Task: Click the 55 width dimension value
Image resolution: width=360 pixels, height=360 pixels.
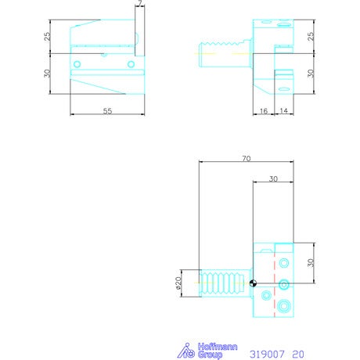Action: [107, 111]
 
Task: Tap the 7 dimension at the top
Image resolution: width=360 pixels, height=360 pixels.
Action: [140, 3]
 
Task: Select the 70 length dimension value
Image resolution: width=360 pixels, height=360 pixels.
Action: [247, 158]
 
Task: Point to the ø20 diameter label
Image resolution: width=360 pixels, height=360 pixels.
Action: [178, 283]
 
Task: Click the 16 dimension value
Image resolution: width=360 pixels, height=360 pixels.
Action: [264, 111]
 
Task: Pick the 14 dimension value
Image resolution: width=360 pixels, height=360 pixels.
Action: [283, 111]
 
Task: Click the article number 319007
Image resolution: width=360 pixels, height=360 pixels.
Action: [267, 354]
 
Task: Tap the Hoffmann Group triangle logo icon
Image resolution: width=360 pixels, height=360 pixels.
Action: [186, 351]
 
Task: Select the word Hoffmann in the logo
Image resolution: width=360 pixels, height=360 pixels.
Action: [218, 347]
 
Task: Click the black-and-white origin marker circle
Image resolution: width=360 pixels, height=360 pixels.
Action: [253, 283]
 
